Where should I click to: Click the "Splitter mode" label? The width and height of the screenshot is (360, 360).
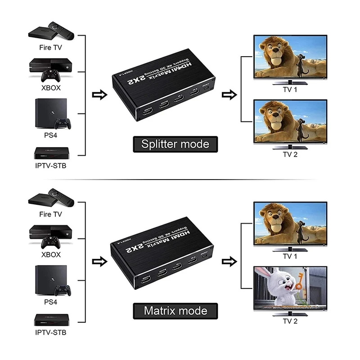[175, 144]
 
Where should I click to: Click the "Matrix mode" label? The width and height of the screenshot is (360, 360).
[175, 310]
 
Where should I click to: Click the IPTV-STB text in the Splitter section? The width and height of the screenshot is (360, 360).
[50, 165]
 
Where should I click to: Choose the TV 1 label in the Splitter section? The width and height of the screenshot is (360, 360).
[289, 90]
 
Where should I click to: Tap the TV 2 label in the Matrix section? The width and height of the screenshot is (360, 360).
[290, 321]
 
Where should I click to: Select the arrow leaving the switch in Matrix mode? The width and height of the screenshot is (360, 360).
[230, 261]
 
